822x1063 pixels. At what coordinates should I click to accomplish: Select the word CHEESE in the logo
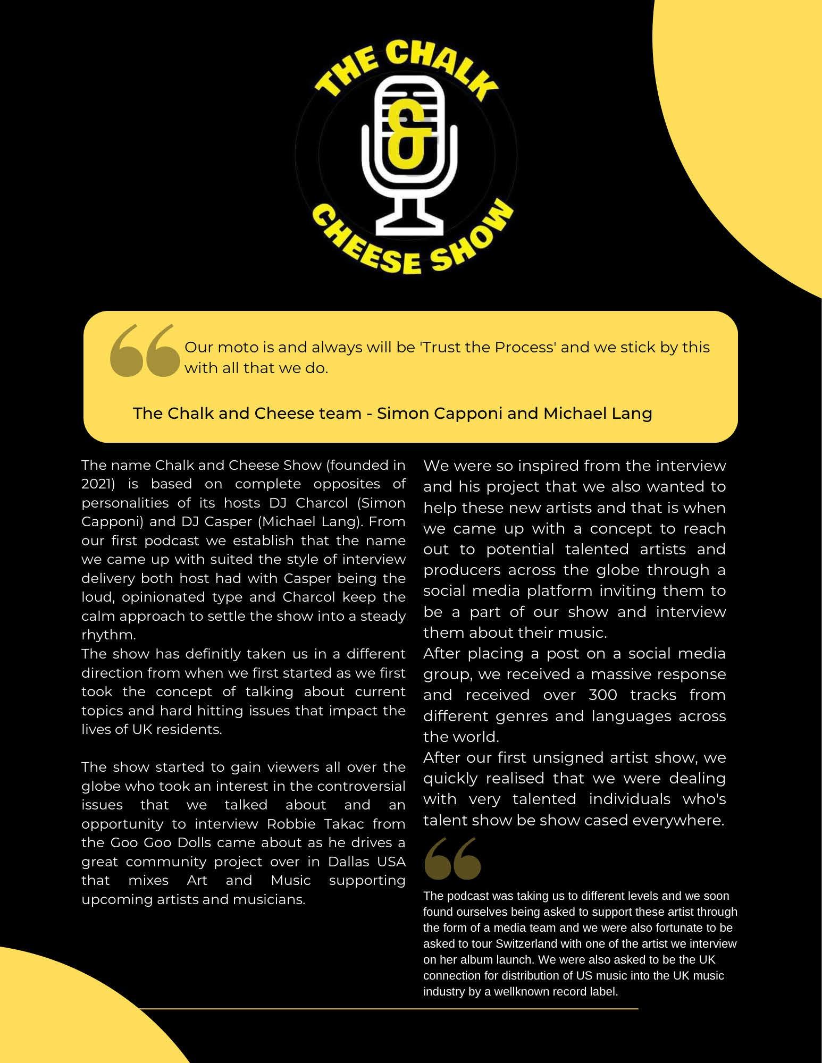(x=372, y=248)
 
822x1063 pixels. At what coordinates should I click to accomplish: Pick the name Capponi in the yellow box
(x=468, y=414)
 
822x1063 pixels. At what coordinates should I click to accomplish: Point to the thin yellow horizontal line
(x=388, y=1009)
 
